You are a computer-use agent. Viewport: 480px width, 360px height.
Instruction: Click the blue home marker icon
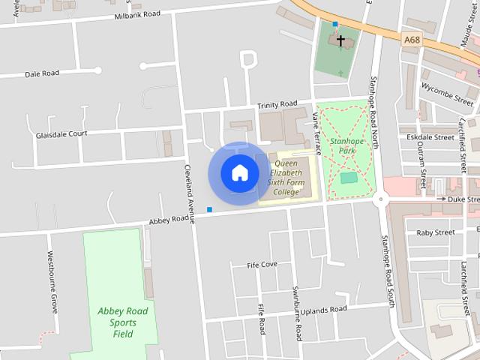tap(239, 173)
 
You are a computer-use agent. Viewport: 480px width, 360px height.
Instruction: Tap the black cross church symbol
tap(340, 40)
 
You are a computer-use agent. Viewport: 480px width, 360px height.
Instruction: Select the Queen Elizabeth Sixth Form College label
tap(286, 178)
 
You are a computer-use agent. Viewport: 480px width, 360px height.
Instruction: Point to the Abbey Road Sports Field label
tap(123, 322)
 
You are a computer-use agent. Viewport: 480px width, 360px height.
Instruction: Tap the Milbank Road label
tap(137, 15)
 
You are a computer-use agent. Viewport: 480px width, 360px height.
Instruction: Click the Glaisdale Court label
tap(61, 135)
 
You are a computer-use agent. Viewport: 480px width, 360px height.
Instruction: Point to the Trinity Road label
tap(277, 104)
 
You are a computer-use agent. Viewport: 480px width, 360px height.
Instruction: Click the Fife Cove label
tap(262, 265)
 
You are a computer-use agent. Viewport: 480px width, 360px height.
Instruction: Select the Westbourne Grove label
tap(53, 292)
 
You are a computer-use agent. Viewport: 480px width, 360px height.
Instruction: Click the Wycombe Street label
tap(448, 87)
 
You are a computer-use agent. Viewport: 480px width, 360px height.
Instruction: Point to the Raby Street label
tap(436, 232)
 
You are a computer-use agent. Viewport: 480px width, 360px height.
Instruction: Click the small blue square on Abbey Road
tap(210, 209)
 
